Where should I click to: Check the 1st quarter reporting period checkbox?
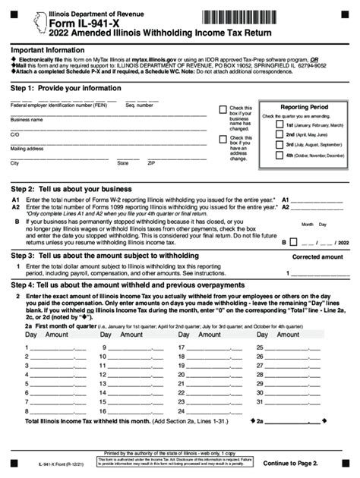pos(278,124)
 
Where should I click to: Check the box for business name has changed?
pos(223,109)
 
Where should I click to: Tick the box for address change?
pos(223,139)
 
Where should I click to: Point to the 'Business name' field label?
pos(27,120)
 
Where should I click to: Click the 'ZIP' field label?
pos(151,163)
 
